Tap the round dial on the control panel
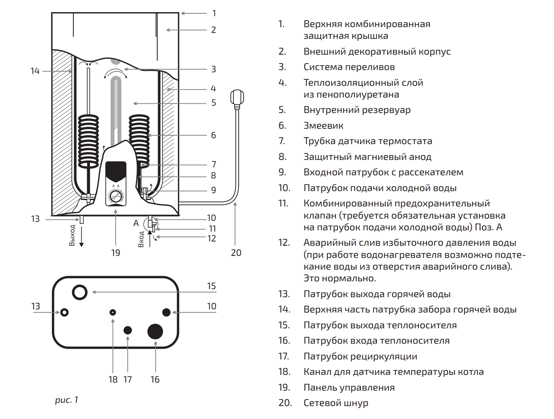pos(116,196)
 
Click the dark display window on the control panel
pos(116,171)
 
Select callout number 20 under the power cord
pos(236,253)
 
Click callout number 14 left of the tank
pos(35,71)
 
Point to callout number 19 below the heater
pos(116,253)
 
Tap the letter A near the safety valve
pos(136,223)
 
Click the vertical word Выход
pos(72,235)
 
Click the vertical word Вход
pos(141,239)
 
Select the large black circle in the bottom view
pos(155,331)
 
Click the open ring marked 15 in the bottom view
pos(80,292)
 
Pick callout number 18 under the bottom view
pos(113,380)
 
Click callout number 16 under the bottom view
pos(155,380)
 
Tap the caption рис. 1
pos(66,400)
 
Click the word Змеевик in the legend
pos(323,126)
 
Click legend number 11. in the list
pos(283,204)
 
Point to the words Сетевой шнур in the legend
pos(336,403)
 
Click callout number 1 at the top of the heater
pos(214,13)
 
